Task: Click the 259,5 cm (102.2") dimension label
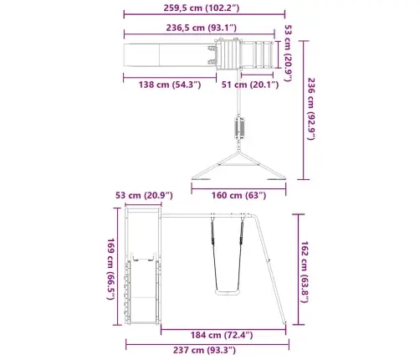click(x=202, y=8)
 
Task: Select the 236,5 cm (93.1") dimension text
click(x=202, y=28)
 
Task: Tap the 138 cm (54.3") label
click(x=170, y=85)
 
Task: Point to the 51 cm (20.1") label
click(x=250, y=85)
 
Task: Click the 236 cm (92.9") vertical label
click(x=311, y=109)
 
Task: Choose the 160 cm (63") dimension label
click(x=238, y=195)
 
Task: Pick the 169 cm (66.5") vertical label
click(x=110, y=269)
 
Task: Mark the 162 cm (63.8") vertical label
click(x=305, y=272)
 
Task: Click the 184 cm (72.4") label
click(x=222, y=335)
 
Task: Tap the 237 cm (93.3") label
click(x=204, y=350)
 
